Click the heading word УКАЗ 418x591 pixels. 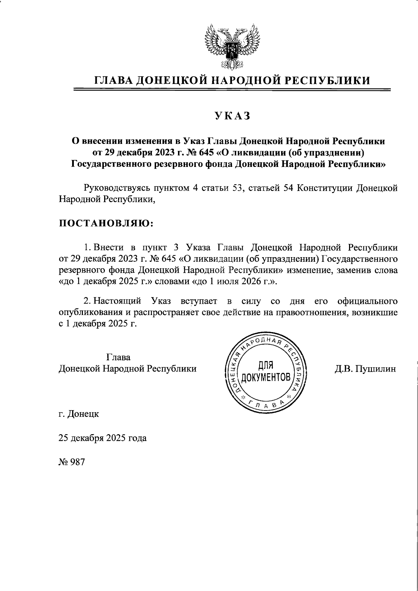pos(232,116)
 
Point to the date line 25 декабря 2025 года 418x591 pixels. pos(102,438)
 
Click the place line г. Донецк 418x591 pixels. pos(79,414)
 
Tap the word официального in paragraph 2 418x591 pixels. pos(367,301)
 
